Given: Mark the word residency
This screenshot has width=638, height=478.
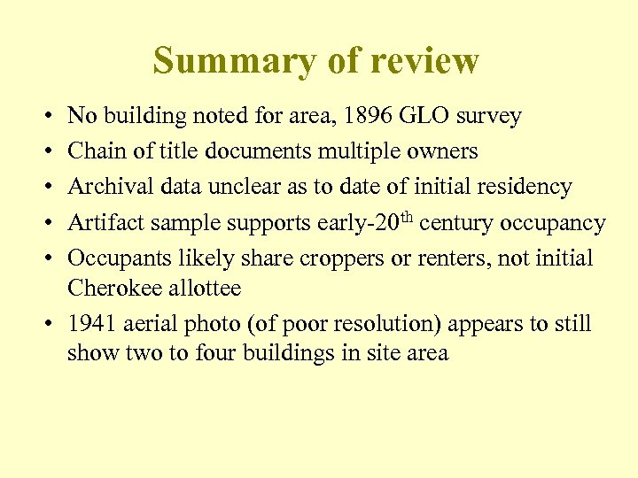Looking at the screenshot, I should (529, 188).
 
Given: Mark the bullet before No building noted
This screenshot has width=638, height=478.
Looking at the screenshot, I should (45, 116).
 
